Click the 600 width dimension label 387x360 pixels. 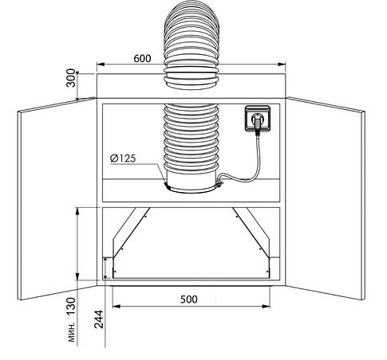coord(142,58)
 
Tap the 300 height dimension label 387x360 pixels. coord(71,78)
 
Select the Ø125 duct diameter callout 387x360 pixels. coord(123,158)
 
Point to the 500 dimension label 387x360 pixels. coord(189,299)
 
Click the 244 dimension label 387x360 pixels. coord(99,319)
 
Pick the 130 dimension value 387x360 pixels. coord(71,307)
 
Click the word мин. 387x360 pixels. coord(72,332)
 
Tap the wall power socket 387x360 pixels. coord(258,119)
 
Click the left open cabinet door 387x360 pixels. coord(57,198)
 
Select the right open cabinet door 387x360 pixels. coord(325,198)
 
